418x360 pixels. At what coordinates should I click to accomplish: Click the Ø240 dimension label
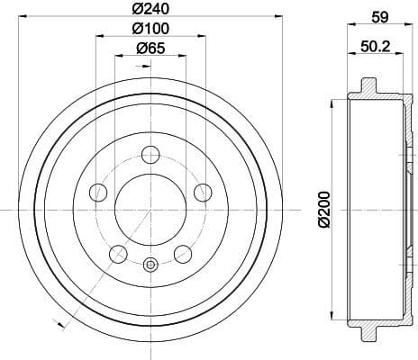click(150, 9)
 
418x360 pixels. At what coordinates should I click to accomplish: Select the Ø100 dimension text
click(150, 28)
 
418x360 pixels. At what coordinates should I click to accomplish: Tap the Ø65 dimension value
click(150, 49)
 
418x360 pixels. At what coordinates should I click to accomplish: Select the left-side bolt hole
click(98, 191)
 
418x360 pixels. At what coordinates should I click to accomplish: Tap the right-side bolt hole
click(203, 191)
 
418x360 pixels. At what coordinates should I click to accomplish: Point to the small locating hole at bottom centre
click(150, 265)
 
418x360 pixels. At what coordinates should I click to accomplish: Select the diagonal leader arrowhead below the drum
click(60, 320)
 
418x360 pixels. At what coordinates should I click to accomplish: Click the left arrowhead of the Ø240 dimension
click(23, 18)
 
